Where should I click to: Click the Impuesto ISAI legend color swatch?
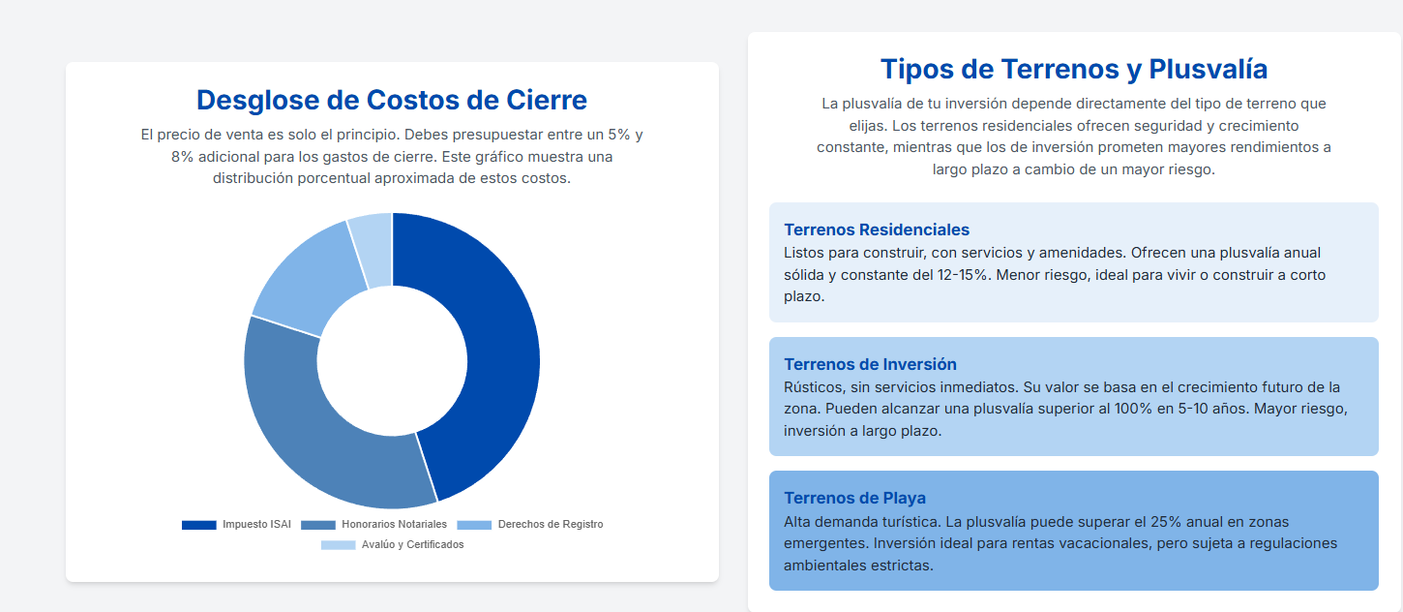pos(199,525)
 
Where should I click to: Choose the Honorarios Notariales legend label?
pos(394,524)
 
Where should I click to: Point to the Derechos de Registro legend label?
pos(551,524)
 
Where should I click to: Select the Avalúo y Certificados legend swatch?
pos(339,545)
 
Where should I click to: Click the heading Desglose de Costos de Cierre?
pos(392,101)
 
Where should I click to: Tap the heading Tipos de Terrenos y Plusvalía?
pos(1074,69)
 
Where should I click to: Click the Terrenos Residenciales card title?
pos(877,229)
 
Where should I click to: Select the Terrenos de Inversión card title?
pos(870,364)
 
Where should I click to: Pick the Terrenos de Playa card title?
pos(854,498)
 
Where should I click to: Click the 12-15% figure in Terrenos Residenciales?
pos(962,275)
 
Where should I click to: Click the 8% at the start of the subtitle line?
pos(182,157)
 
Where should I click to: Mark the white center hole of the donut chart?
pos(392,360)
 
